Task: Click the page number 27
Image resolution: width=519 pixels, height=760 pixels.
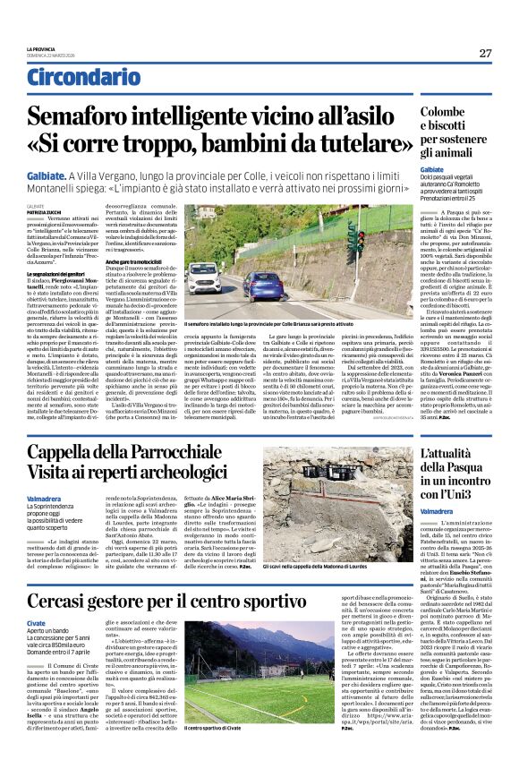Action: (485, 54)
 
